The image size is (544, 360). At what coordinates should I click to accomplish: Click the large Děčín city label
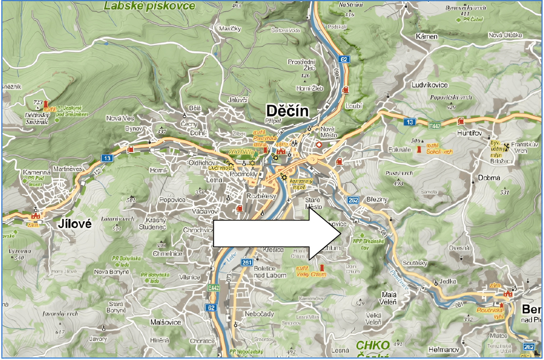287,111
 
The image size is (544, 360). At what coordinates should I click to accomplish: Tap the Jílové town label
74,224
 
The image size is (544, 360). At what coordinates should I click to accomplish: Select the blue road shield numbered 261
247,262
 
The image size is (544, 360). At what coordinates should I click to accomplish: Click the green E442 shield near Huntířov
434,126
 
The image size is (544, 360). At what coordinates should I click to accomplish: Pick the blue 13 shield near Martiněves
107,158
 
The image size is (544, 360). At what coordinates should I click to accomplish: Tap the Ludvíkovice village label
430,85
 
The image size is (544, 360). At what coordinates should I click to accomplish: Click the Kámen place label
426,36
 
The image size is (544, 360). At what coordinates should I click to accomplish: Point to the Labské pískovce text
150,6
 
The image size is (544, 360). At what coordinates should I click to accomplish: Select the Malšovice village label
165,322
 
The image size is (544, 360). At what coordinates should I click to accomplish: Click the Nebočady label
259,314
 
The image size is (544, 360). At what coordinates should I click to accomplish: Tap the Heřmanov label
444,350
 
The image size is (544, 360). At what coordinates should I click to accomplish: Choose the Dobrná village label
489,178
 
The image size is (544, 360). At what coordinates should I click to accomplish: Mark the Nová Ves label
120,118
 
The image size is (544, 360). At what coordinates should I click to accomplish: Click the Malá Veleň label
389,299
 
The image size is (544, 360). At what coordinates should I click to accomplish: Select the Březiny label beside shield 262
377,199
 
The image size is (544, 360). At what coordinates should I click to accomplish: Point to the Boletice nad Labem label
269,272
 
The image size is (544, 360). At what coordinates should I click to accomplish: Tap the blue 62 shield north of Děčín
344,59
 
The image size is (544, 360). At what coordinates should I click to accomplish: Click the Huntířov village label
469,133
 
